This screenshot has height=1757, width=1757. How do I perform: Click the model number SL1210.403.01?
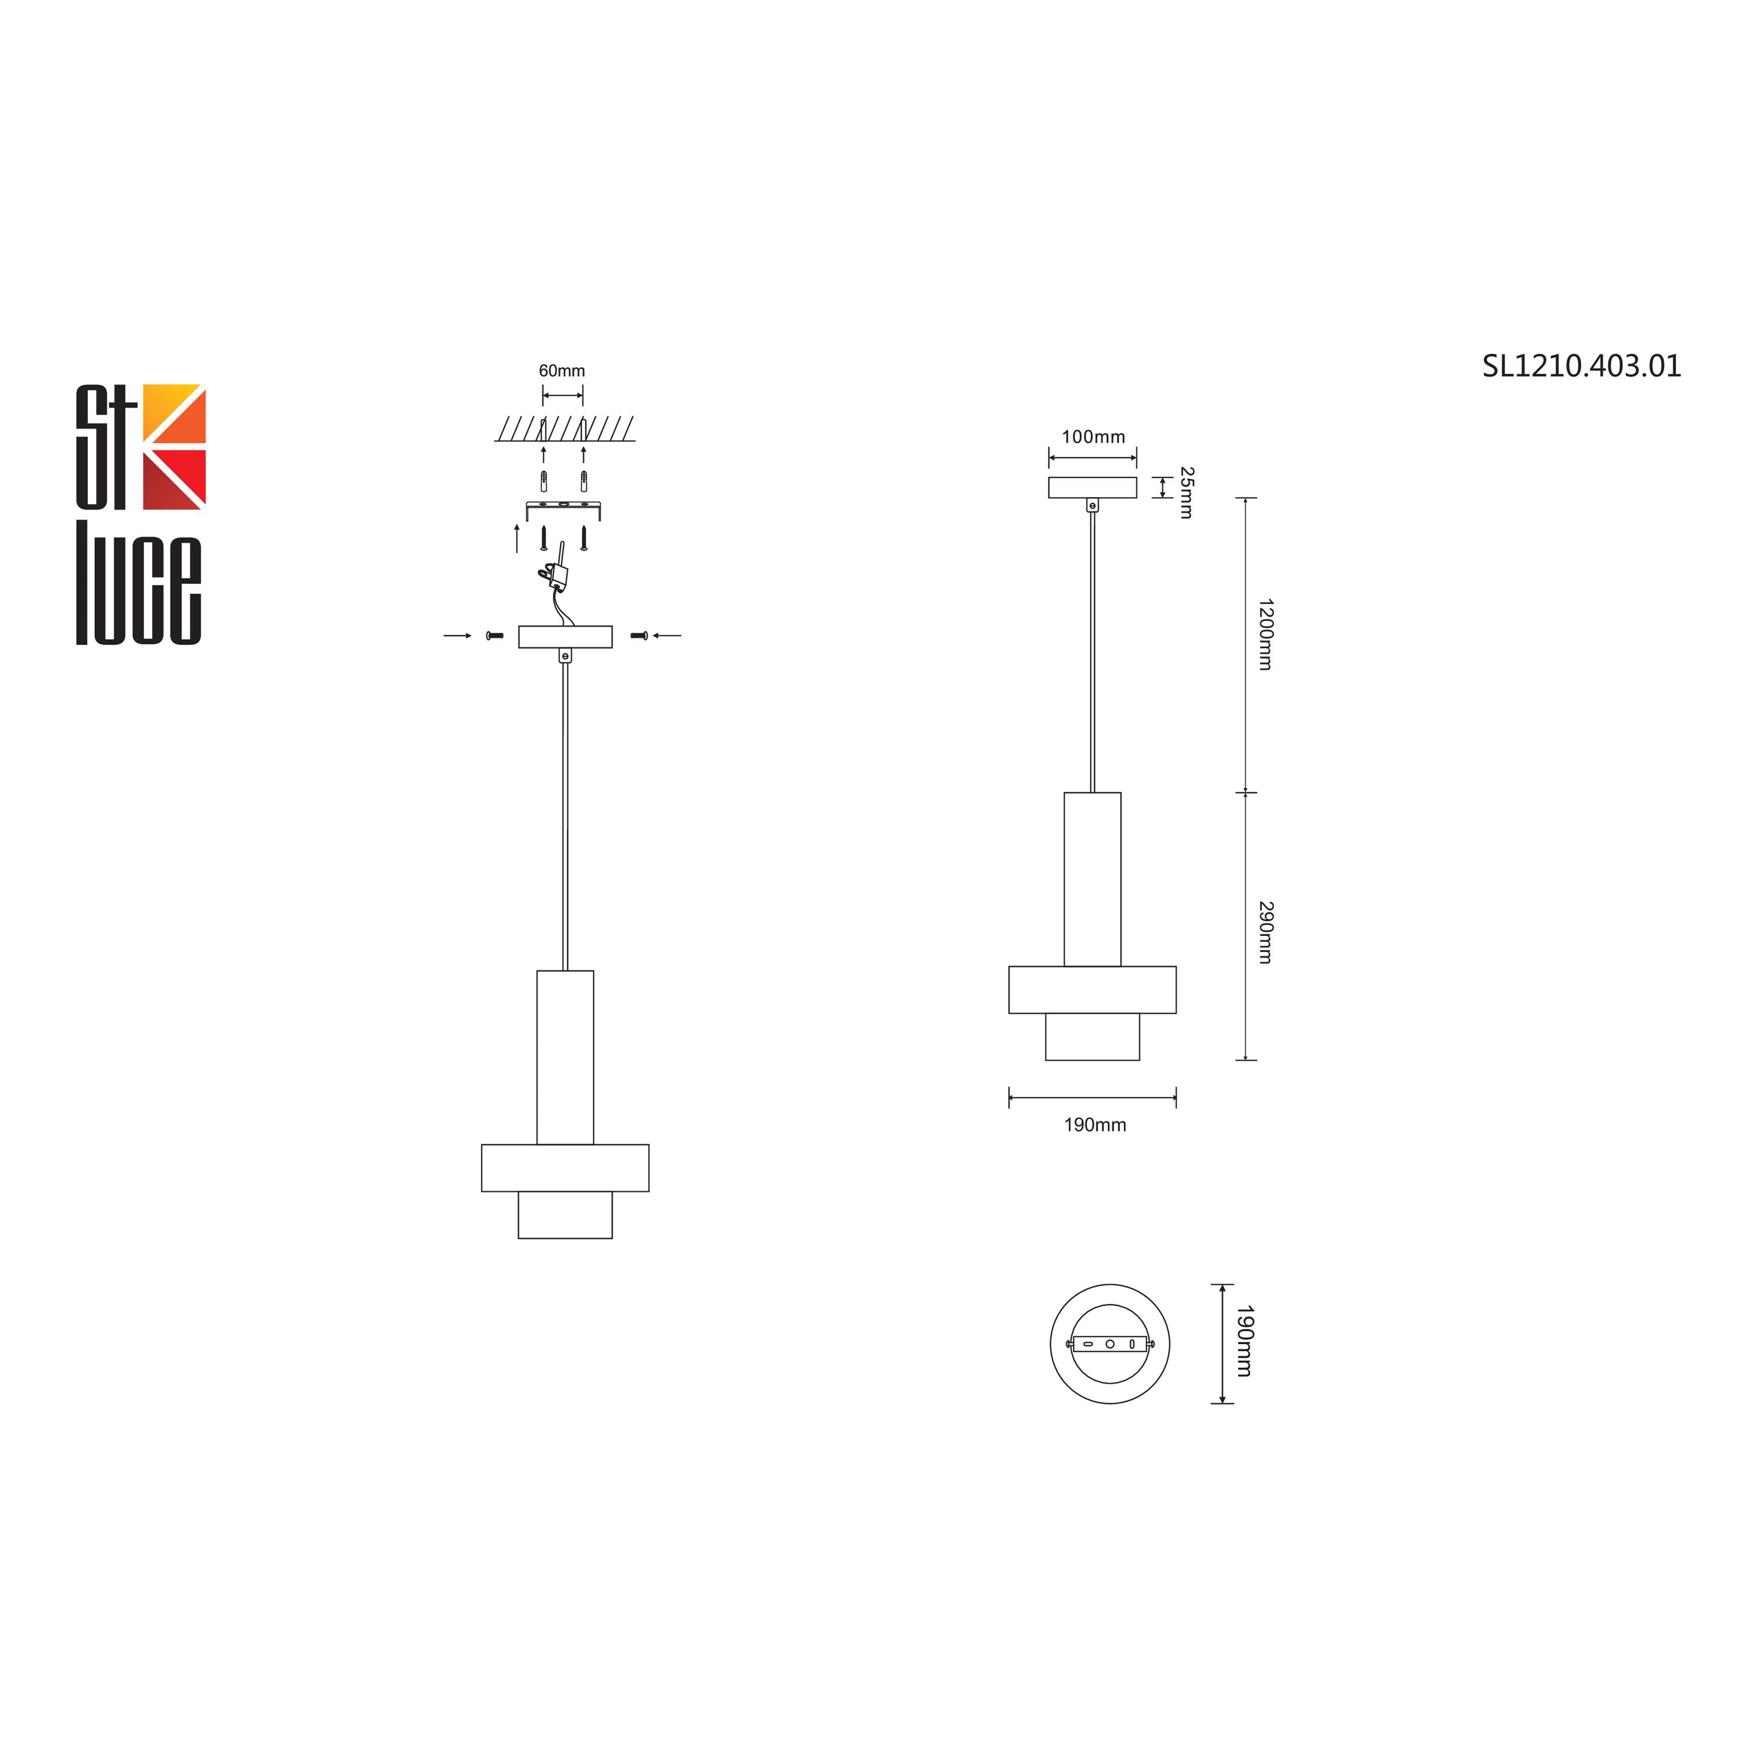(x=1581, y=367)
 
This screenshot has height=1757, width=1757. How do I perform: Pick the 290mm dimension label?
(x=1264, y=932)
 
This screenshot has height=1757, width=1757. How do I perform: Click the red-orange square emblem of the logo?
(x=174, y=446)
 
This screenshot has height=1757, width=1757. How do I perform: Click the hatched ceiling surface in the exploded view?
(x=564, y=428)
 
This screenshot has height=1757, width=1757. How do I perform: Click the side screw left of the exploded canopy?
(x=495, y=635)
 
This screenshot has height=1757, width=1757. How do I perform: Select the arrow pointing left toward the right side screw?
(x=668, y=635)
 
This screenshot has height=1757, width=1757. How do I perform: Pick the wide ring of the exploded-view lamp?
(x=565, y=1168)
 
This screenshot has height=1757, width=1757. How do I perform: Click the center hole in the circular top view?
(x=1109, y=1343)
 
